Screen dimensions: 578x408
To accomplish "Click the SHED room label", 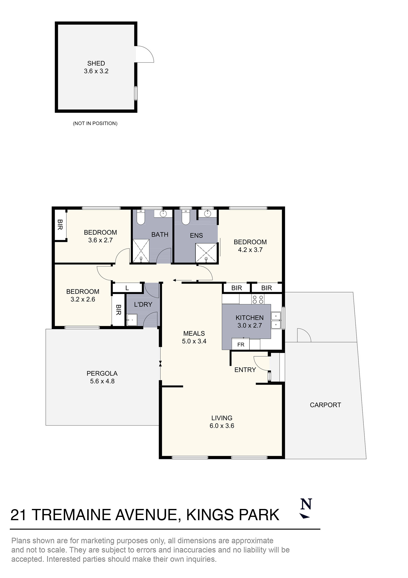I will point(96,63).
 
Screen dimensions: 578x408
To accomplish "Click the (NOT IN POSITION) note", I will point(95,123).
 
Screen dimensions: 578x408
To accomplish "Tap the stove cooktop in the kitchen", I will point(258,299).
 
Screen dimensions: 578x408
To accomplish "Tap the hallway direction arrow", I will point(182,280).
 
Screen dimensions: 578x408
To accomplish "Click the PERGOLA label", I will point(102,373).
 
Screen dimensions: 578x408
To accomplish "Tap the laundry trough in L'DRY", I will point(132,320).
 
